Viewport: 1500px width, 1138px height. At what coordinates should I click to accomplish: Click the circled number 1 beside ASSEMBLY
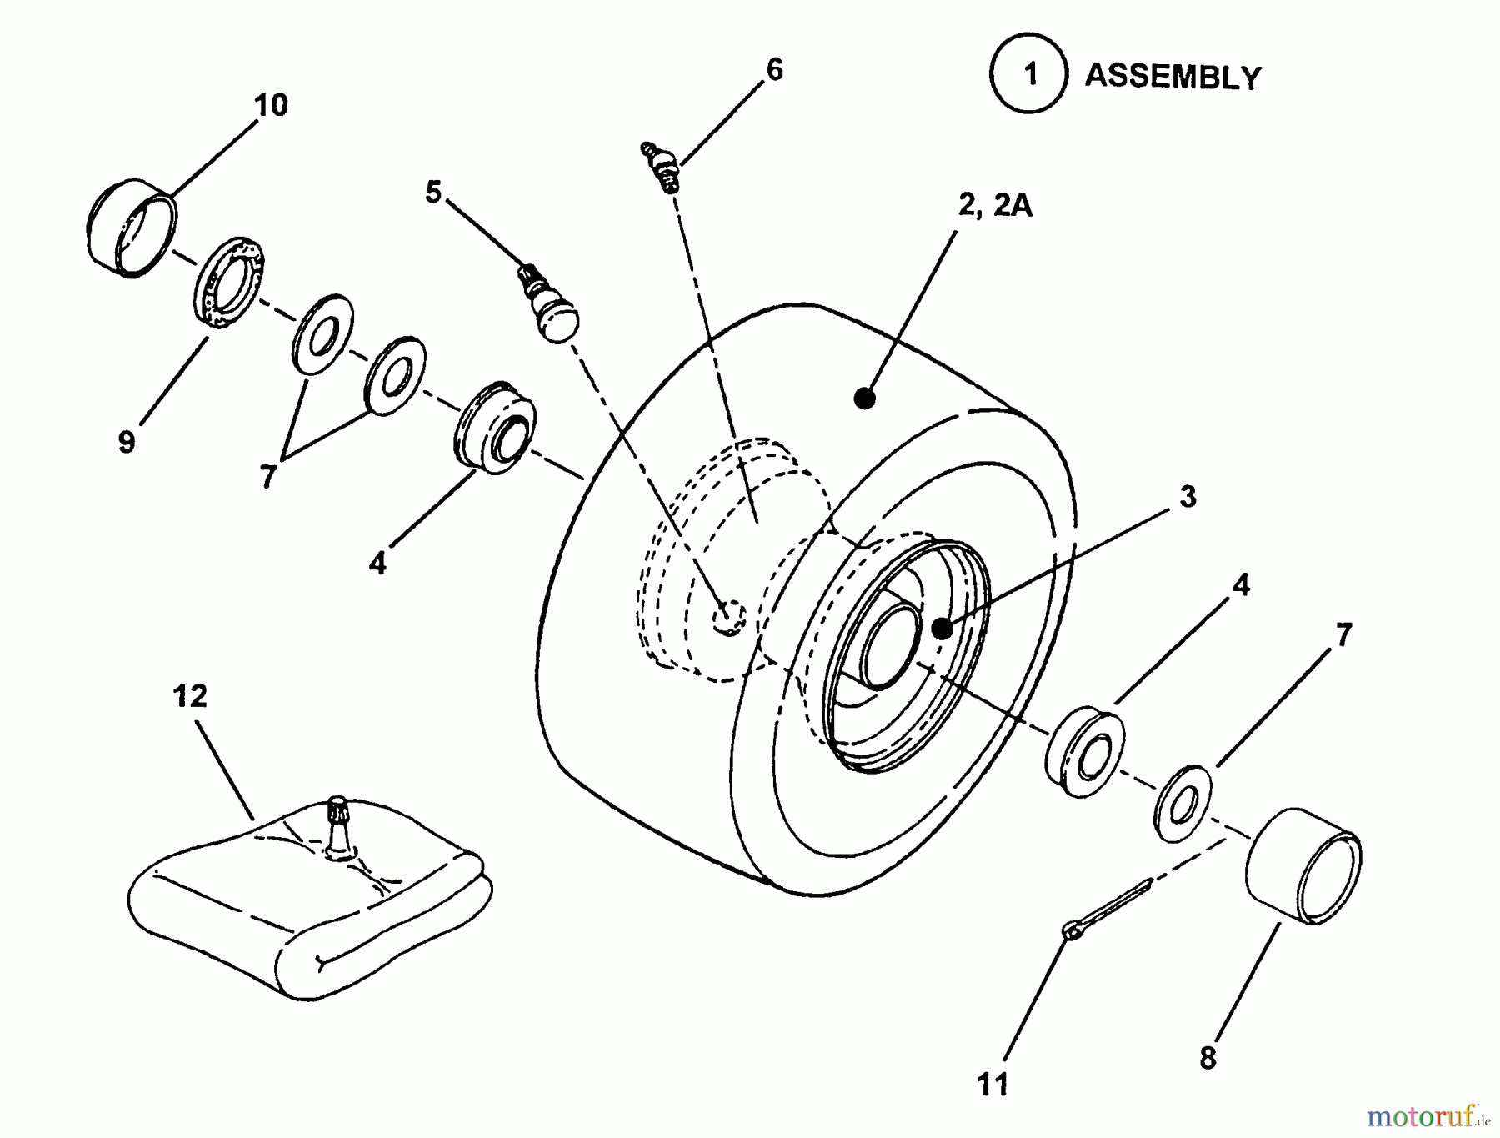tap(1029, 75)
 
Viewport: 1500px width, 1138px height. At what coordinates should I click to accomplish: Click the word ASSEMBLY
tap(1172, 77)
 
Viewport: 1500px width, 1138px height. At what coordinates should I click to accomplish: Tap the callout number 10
tap(272, 105)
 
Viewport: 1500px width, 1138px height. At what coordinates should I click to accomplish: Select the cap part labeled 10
tap(131, 227)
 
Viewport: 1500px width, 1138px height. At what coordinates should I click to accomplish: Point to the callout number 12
tap(190, 696)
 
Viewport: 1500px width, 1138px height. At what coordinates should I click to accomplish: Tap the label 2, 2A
tap(995, 206)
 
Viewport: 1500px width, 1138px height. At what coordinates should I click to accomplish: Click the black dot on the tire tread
tap(865, 399)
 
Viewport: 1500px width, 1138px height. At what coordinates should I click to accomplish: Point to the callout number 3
tap(1187, 497)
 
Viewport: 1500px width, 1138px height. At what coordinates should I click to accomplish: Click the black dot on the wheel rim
tap(941, 629)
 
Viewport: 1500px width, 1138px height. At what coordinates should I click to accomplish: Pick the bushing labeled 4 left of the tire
tap(494, 429)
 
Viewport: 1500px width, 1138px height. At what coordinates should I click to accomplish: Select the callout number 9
tap(127, 442)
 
